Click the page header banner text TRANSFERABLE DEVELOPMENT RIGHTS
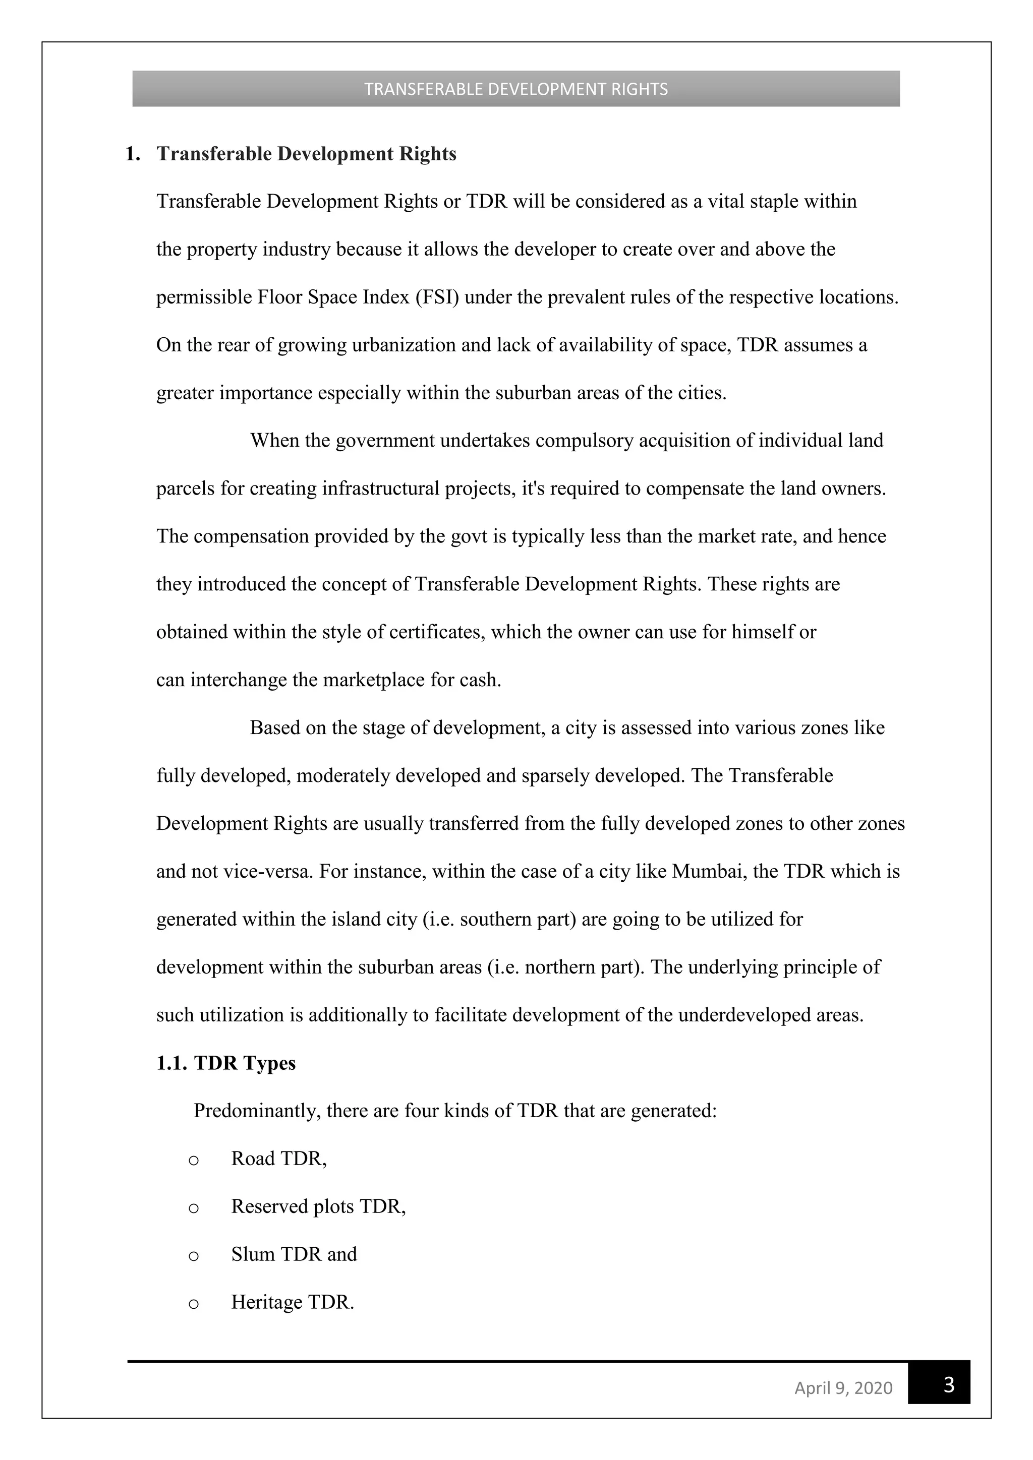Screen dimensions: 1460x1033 516,89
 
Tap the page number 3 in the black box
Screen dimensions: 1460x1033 948,1384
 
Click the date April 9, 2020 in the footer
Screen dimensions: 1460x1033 843,1387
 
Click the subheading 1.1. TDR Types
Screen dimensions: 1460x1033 226,1063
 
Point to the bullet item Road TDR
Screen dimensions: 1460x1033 278,1159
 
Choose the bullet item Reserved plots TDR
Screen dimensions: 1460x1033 318,1206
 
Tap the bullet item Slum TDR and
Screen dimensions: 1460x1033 294,1254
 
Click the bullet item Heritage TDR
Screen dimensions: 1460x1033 293,1302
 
